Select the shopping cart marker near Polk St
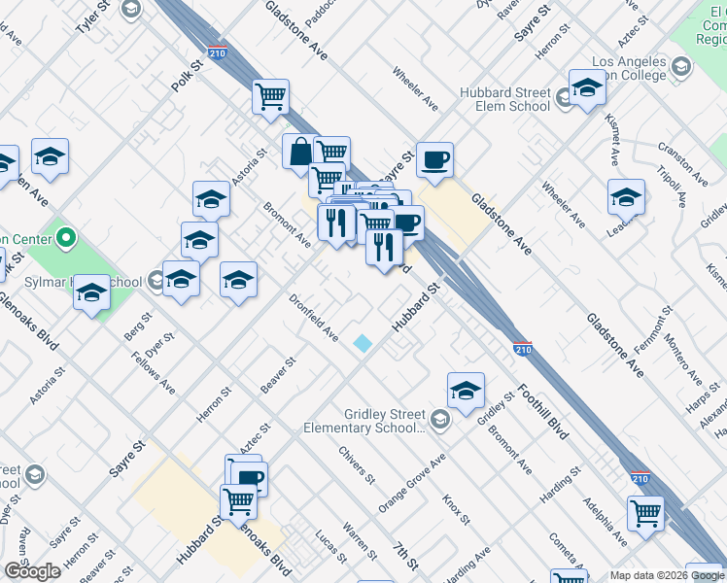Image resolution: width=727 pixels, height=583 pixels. [270, 96]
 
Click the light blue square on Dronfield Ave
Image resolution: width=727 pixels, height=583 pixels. [363, 343]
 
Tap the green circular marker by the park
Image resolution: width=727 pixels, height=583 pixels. [66, 236]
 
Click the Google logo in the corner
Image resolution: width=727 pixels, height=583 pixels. [32, 570]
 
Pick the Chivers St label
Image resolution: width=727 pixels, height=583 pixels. [357, 464]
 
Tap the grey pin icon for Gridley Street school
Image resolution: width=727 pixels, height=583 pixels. [441, 420]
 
